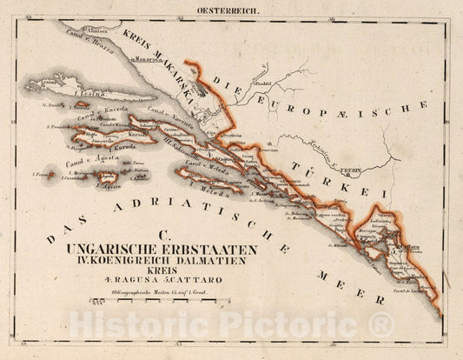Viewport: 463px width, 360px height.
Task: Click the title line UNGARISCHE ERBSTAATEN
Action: pos(177,249)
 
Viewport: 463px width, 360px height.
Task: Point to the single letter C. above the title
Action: pos(162,235)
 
